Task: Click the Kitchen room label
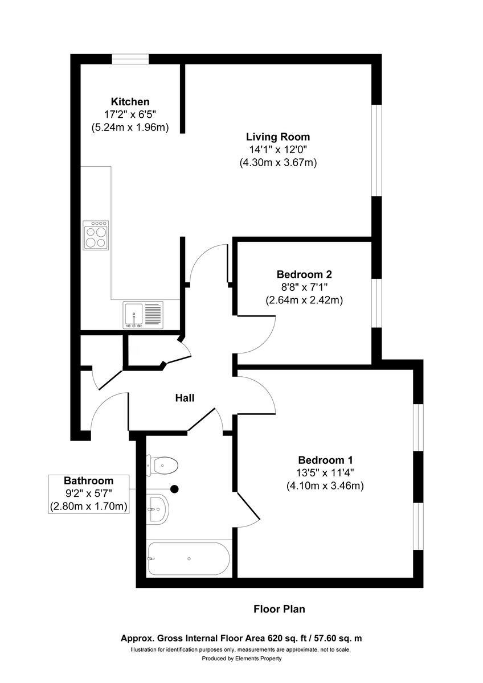130,101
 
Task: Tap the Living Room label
278,137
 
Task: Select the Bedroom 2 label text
304,274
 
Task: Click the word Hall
185,398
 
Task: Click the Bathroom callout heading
88,480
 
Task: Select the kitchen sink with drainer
143,315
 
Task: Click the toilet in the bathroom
163,466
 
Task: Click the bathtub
188,559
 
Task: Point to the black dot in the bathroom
175,488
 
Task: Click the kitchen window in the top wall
130,59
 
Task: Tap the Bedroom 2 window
376,303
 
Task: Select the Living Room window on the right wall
376,150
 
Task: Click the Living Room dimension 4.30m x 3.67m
278,162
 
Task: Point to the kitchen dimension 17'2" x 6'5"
130,114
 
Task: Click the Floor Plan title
279,609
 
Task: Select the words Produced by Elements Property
241,659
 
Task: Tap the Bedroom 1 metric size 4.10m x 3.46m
325,485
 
